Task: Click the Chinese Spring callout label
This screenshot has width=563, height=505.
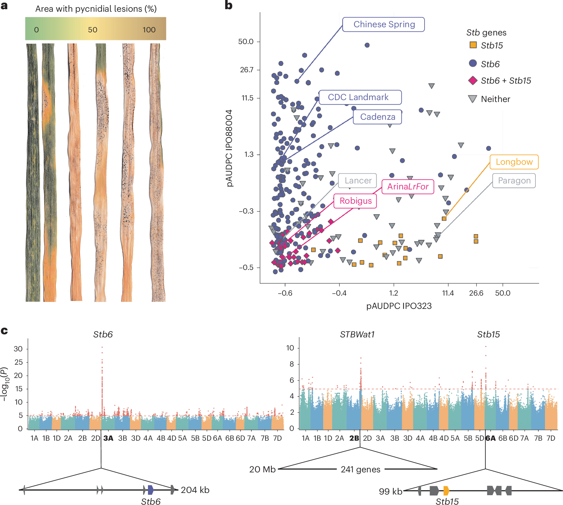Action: (x=384, y=24)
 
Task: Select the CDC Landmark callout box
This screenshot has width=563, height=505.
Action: (x=360, y=97)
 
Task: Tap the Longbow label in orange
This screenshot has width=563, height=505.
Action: (x=514, y=162)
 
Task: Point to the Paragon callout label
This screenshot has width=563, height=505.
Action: (x=514, y=181)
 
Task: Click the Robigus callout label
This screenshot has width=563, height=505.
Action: (x=355, y=201)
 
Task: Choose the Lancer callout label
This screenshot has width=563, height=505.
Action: (x=358, y=181)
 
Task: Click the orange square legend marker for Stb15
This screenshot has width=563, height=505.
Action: (x=473, y=45)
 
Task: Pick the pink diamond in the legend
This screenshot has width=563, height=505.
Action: (x=473, y=80)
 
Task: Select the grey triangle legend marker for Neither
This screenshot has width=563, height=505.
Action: (x=472, y=99)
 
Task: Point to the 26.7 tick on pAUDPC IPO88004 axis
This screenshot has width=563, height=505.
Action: (x=246, y=70)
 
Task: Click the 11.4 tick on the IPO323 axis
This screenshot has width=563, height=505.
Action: (x=448, y=293)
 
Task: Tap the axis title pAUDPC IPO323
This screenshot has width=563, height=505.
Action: (x=399, y=306)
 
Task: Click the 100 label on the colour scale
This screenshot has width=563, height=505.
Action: (x=149, y=30)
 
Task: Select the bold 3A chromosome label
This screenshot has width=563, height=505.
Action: (x=108, y=438)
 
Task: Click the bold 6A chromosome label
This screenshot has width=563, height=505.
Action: (x=490, y=438)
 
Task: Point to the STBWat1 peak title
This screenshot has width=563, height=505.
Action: (x=357, y=335)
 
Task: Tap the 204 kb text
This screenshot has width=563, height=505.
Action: (x=195, y=490)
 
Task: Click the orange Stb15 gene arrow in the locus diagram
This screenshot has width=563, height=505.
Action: (x=446, y=491)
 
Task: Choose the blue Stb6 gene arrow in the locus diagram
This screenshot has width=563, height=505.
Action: (x=151, y=490)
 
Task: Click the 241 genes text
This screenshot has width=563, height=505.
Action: (x=360, y=469)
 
